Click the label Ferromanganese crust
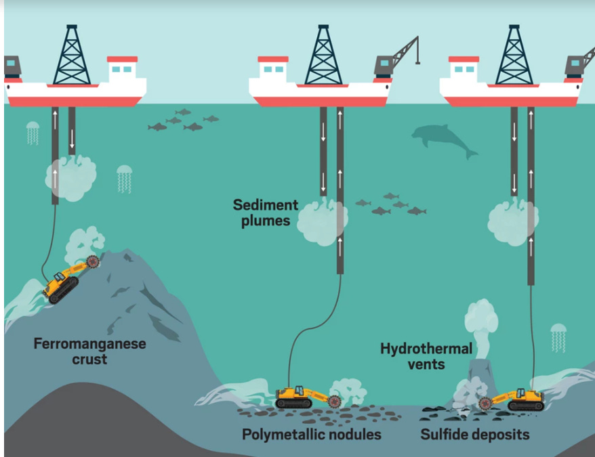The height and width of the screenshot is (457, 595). [89, 351]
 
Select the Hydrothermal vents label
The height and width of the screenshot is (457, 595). [426, 356]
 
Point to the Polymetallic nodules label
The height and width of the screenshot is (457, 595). [311, 434]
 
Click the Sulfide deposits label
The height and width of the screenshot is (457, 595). [474, 434]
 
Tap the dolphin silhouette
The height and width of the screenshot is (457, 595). [444, 140]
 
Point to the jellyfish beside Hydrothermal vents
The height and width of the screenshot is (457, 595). [558, 336]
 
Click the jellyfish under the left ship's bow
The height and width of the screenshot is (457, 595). [33, 132]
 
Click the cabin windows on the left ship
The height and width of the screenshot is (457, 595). [122, 69]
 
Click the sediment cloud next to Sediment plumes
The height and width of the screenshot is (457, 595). [322, 220]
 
